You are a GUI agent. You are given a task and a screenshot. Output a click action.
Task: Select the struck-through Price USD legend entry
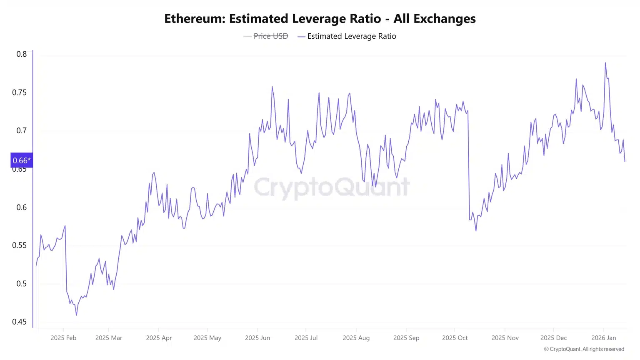(270, 36)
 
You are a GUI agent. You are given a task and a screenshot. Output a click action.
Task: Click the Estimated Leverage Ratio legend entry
(351, 36)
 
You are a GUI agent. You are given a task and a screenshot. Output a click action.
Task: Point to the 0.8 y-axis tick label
(22, 54)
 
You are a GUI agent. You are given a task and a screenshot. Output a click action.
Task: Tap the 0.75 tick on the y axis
(19, 92)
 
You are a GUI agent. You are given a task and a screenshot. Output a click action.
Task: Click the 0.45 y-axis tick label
(19, 322)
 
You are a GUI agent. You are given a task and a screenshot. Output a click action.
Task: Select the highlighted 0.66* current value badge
(21, 160)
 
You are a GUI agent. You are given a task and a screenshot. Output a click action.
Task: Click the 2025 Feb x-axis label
(63, 338)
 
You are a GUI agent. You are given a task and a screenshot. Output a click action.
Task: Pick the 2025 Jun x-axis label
(257, 338)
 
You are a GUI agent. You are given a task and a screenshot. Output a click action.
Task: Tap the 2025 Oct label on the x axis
(455, 338)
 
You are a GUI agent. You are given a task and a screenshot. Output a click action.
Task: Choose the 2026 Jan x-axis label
(603, 338)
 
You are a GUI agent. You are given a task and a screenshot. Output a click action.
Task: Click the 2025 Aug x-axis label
(356, 338)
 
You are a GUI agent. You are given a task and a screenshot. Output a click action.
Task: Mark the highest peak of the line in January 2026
(605, 63)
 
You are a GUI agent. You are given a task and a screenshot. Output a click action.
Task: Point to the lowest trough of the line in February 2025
(76, 315)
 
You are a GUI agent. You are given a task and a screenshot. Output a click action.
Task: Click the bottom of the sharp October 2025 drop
(476, 231)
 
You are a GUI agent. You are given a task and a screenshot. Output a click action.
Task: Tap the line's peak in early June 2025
(272, 87)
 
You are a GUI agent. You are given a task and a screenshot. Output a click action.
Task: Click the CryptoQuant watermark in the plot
(332, 187)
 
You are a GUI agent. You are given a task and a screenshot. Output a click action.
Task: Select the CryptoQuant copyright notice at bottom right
(584, 349)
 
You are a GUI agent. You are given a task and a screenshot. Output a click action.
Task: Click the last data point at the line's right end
(625, 161)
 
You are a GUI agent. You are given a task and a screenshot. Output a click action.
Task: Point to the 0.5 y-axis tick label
(22, 284)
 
